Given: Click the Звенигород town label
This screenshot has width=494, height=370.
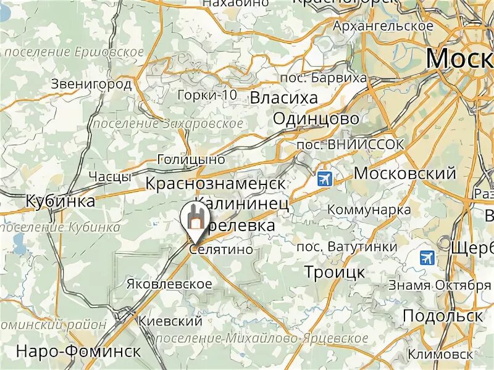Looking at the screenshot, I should [91, 84].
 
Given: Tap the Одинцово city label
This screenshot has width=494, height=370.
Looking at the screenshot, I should [316, 118].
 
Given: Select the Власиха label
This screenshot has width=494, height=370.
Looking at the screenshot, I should [283, 98].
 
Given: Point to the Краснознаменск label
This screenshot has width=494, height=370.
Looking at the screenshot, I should [216, 183].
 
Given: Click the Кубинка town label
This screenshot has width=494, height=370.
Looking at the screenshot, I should [61, 201].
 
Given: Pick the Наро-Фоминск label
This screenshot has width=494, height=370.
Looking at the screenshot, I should [78, 351].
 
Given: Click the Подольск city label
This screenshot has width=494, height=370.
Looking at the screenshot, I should [442, 316].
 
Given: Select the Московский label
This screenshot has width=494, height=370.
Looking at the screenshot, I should [404, 173].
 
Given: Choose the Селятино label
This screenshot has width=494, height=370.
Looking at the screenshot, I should [221, 250].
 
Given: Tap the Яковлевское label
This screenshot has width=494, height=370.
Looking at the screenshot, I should [169, 284].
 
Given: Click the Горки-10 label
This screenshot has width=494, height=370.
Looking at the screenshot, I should [206, 95].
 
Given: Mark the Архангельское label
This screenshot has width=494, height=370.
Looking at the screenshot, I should [383, 27].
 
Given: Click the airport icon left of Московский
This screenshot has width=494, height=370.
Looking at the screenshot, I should [324, 179].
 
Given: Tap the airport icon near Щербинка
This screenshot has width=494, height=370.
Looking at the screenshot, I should [426, 257].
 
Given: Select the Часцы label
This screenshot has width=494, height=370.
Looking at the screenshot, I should [109, 177].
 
